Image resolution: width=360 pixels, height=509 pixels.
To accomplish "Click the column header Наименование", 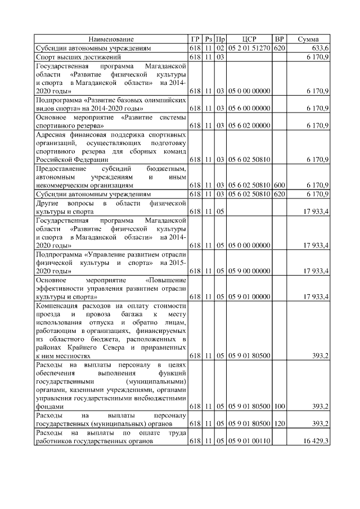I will click(x=111, y=39).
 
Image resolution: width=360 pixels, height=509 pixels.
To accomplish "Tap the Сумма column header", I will click(x=308, y=39).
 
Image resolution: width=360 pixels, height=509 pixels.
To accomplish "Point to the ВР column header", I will click(x=278, y=39).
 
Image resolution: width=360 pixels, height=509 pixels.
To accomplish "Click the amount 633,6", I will click(x=319, y=49).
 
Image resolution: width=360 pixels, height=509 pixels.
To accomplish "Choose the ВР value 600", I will click(x=278, y=185).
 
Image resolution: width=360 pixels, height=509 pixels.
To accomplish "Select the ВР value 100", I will click(x=278, y=406).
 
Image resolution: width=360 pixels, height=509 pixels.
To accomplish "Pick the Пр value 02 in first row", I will click(x=220, y=49).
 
